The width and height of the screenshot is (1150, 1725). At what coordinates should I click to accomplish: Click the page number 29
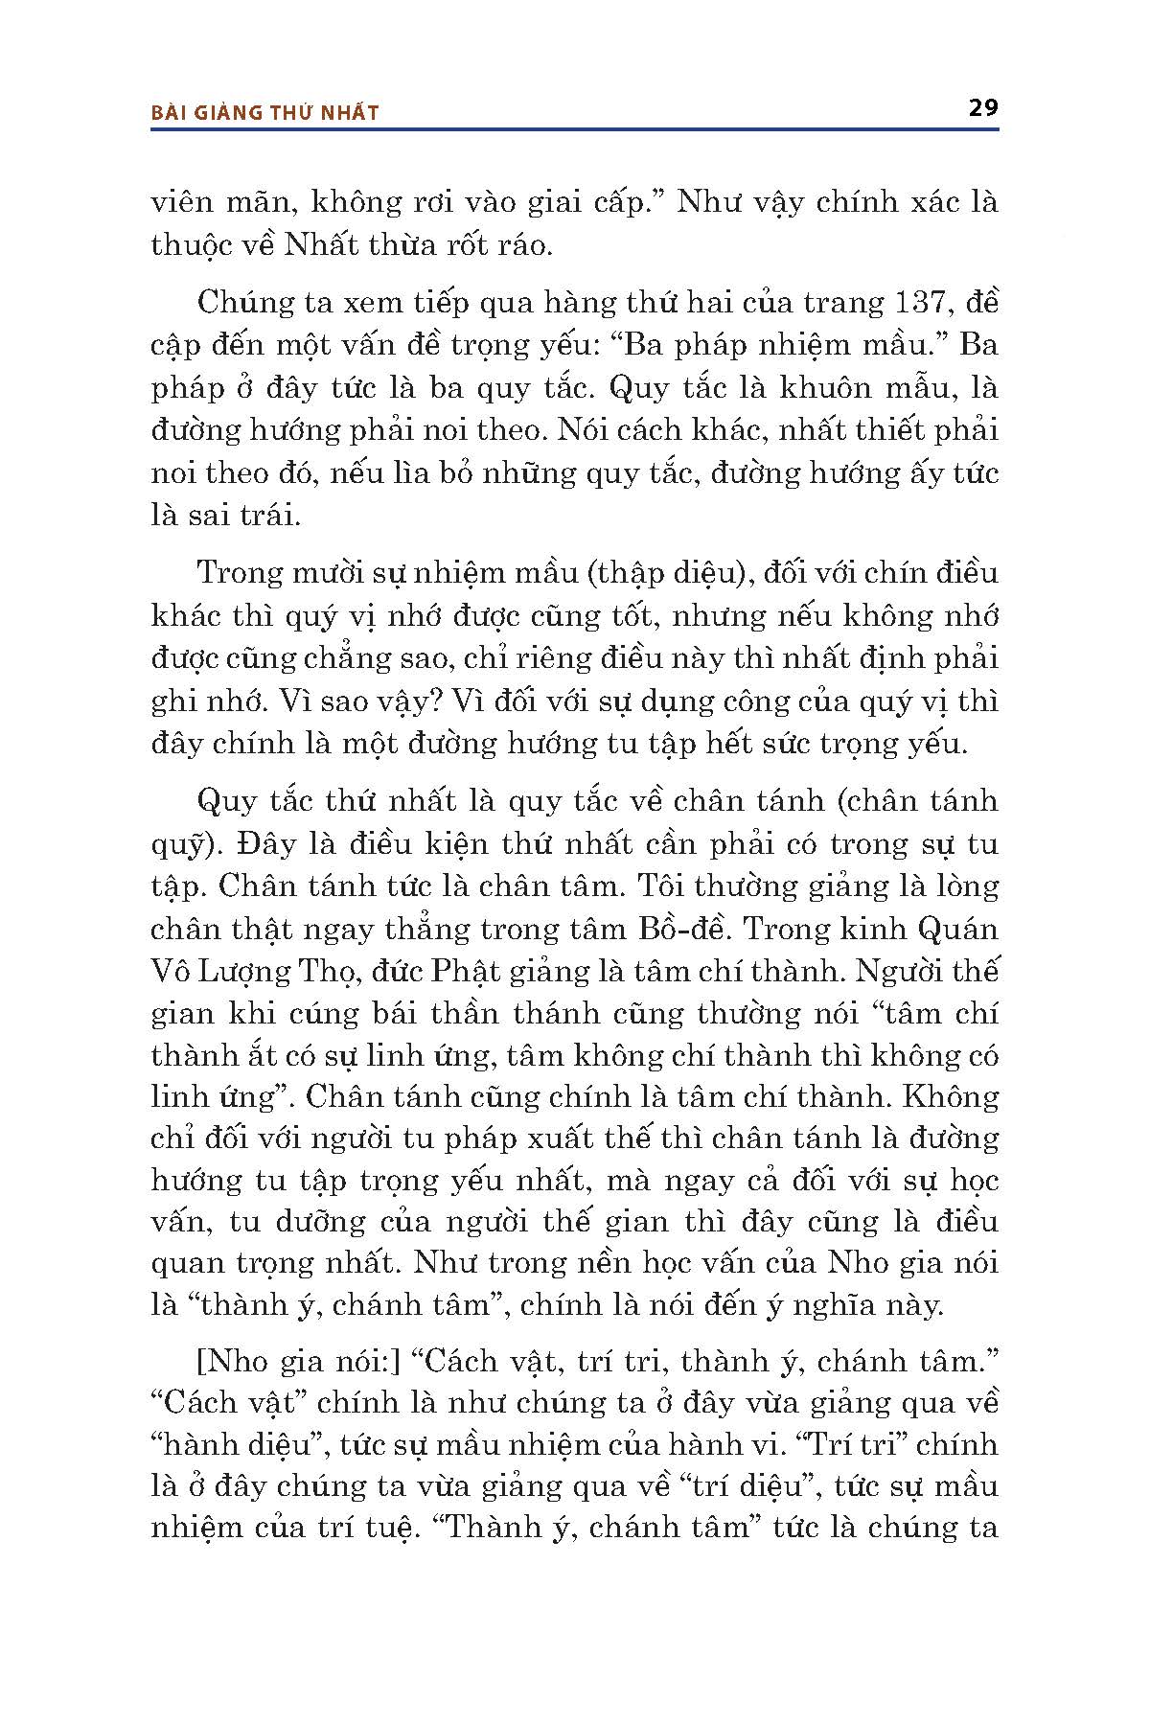point(983,107)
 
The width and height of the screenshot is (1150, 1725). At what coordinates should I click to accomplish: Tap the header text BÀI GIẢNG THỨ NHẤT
point(265,113)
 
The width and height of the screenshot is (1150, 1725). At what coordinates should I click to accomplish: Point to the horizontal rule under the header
point(574,128)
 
